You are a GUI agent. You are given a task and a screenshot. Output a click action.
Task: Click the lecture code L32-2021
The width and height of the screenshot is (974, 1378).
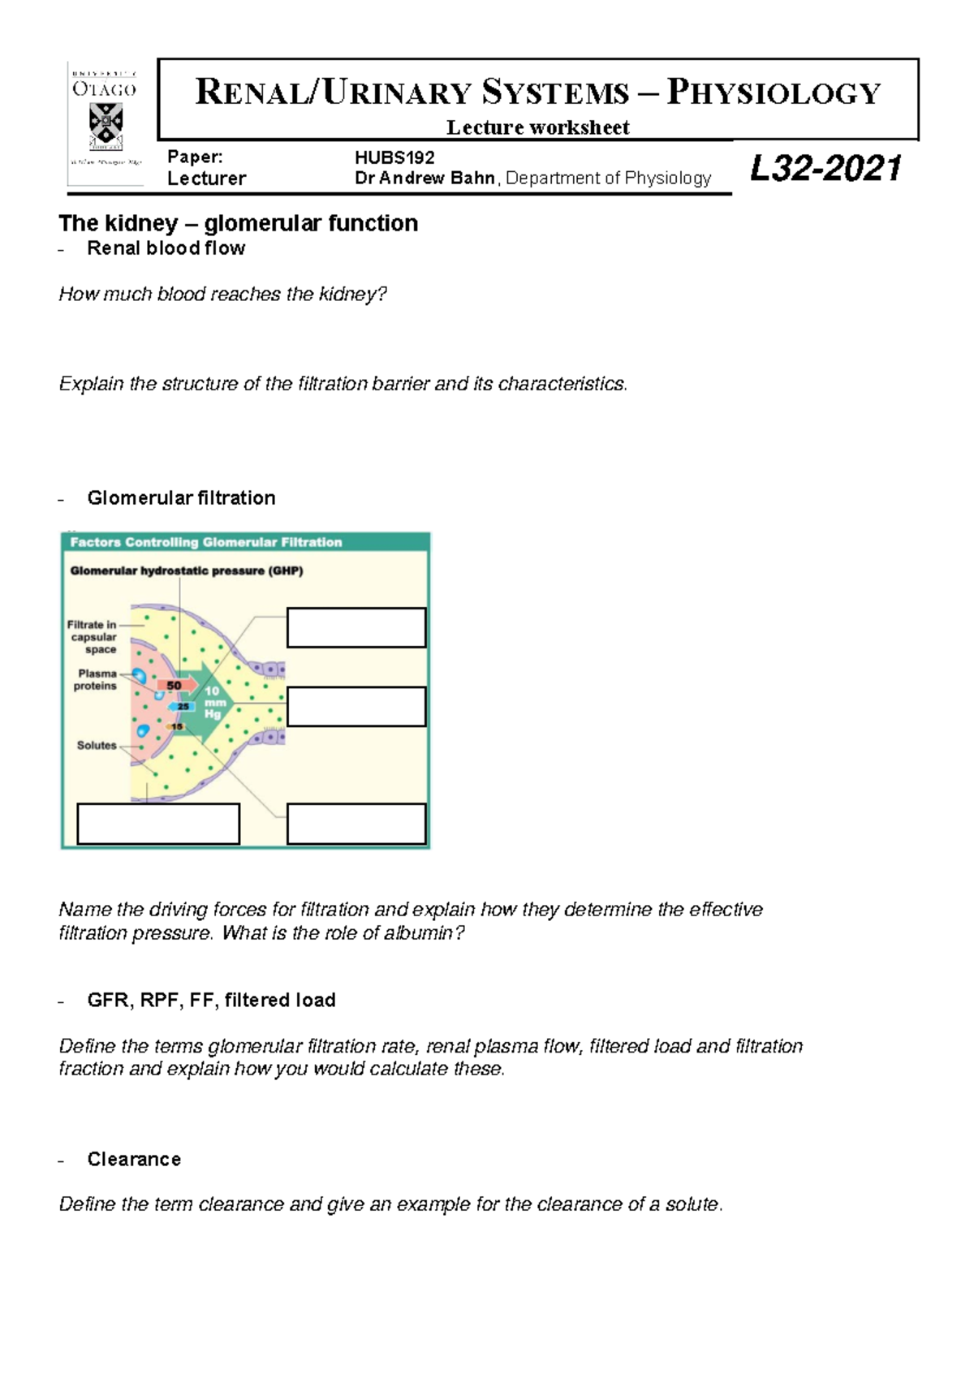tap(825, 169)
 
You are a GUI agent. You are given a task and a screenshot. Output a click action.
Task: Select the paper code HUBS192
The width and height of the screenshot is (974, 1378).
tap(394, 157)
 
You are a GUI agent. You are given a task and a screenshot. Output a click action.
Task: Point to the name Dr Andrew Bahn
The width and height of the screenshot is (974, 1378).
tap(425, 179)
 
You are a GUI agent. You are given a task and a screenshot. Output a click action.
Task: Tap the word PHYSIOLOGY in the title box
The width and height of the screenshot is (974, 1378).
tap(774, 93)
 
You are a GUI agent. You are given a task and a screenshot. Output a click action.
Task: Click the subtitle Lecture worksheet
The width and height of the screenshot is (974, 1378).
tap(537, 127)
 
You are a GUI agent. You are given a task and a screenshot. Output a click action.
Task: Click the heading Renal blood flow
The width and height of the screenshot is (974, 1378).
tap(166, 248)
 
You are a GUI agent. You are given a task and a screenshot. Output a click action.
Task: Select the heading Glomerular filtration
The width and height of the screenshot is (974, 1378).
tap(181, 498)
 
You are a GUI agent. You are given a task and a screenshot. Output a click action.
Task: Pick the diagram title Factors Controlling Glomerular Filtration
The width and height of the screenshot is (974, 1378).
tap(206, 542)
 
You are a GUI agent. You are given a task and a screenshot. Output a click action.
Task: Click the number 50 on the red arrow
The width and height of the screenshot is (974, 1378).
tap(174, 686)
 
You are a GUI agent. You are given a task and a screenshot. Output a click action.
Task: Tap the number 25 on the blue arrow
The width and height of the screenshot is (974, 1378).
tap(183, 707)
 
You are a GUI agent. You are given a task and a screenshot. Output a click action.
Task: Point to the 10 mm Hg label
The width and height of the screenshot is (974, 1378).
tap(213, 703)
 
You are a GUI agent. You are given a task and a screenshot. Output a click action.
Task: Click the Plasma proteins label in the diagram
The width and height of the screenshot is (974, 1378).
tap(96, 680)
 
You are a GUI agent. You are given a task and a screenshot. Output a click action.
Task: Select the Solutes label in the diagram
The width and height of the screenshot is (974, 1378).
tap(97, 746)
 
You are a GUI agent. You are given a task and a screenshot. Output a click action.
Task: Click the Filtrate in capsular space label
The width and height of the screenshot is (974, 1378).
tap(92, 637)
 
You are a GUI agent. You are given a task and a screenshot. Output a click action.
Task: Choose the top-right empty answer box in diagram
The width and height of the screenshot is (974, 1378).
tap(356, 628)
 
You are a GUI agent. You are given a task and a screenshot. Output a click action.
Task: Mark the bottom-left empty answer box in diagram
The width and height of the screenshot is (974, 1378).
tap(158, 824)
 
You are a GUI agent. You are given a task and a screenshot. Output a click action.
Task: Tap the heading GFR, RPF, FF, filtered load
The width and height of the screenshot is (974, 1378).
tap(211, 1001)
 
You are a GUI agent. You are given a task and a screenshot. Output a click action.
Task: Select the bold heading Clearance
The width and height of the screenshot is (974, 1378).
tap(134, 1160)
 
